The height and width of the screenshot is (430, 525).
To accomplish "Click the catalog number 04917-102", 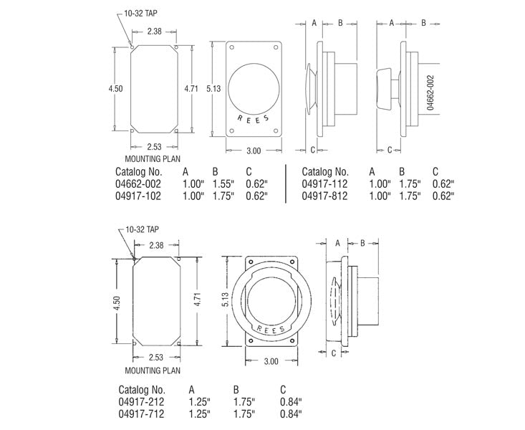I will coord(138,196).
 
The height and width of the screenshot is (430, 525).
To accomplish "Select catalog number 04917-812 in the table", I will coord(325,196).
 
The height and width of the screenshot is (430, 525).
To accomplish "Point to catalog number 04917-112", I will coord(325,184).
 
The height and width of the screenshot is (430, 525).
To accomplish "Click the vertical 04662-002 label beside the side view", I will coord(431,92).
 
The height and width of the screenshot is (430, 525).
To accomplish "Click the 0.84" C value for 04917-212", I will coord(290,402).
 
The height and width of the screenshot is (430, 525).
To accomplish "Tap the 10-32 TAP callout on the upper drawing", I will coord(138,13).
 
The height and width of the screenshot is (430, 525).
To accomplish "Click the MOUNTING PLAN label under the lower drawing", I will coord(152,371).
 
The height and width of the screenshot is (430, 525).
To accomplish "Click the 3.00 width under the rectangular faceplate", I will coord(253,151).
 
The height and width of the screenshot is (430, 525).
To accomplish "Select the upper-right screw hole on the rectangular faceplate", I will coord(276,49).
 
